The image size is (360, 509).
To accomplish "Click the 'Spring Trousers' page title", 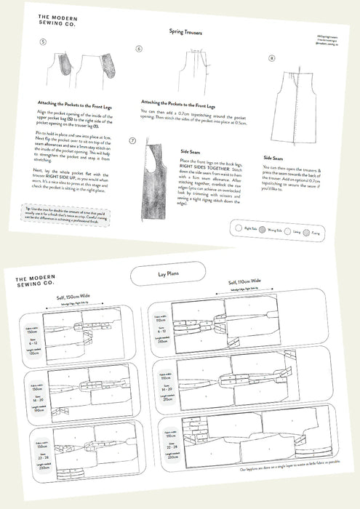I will click(x=185, y=32).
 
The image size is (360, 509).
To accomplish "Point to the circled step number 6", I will click(x=139, y=48).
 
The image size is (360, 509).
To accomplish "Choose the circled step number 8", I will click(x=272, y=57).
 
